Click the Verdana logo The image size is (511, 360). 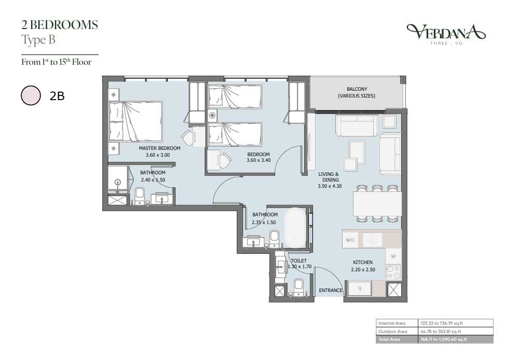[446, 34]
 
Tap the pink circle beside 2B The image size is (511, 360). [31, 95]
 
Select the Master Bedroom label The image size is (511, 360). [159, 148]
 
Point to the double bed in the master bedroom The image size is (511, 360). [136, 121]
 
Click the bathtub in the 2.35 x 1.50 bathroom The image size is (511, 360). [295, 228]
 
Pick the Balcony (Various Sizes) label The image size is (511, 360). [357, 92]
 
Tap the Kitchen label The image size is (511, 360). [363, 262]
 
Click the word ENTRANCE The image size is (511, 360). [331, 290]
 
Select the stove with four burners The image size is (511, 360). [393, 273]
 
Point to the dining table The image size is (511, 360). [377, 204]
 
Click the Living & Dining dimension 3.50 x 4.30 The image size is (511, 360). [330, 186]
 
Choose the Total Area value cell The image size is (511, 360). [456, 339]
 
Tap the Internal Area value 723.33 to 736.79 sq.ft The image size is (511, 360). [442, 323]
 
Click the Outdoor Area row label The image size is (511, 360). [393, 331]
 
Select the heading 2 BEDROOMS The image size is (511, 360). [60, 25]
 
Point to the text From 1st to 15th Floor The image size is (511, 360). [56, 62]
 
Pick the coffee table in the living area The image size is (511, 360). [357, 153]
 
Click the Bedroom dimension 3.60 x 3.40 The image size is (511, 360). [259, 160]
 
